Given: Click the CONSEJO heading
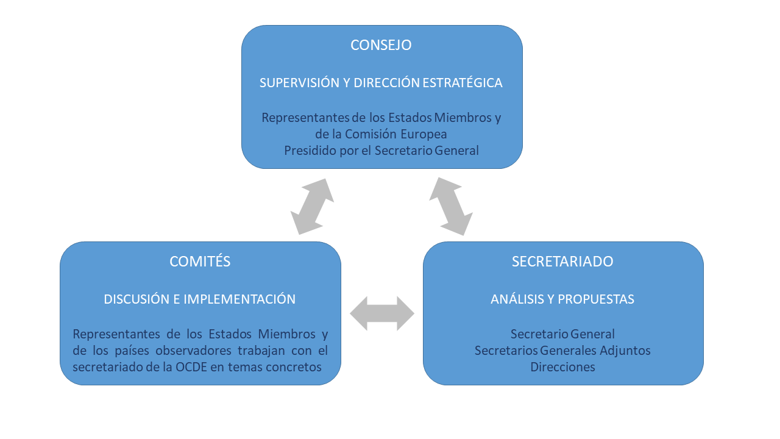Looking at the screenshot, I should [x=381, y=45].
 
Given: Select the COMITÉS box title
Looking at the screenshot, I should [x=200, y=262].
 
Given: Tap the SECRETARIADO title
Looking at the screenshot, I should [x=562, y=262].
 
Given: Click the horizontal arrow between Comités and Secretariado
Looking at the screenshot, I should [x=382, y=313].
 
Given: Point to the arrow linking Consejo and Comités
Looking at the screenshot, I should [x=313, y=207].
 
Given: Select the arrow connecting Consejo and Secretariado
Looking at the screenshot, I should [x=451, y=207].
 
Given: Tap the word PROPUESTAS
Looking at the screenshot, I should [x=596, y=299].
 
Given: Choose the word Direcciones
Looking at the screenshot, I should [x=562, y=367].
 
